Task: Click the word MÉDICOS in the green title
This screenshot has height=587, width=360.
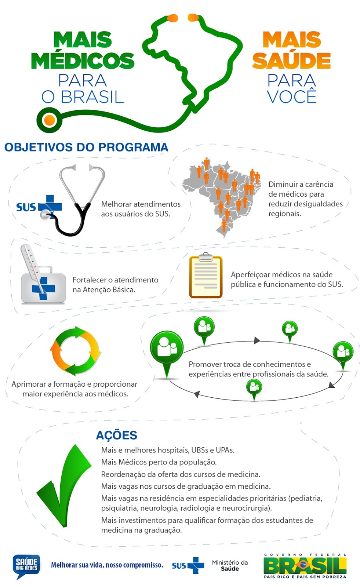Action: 83,61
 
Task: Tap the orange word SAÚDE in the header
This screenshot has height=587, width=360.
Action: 291,61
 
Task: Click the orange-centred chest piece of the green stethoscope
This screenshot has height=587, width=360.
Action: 49,120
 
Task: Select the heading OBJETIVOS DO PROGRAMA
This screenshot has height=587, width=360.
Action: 86,147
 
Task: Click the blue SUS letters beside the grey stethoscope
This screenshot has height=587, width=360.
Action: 26,207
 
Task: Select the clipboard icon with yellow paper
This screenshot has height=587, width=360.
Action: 206,277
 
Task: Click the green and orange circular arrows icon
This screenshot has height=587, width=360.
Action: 76,351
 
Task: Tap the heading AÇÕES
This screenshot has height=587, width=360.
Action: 117,435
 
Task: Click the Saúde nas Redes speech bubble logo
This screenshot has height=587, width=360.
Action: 26,565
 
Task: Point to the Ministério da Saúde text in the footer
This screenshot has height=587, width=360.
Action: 230,565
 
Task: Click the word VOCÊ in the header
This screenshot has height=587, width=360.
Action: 292,97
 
